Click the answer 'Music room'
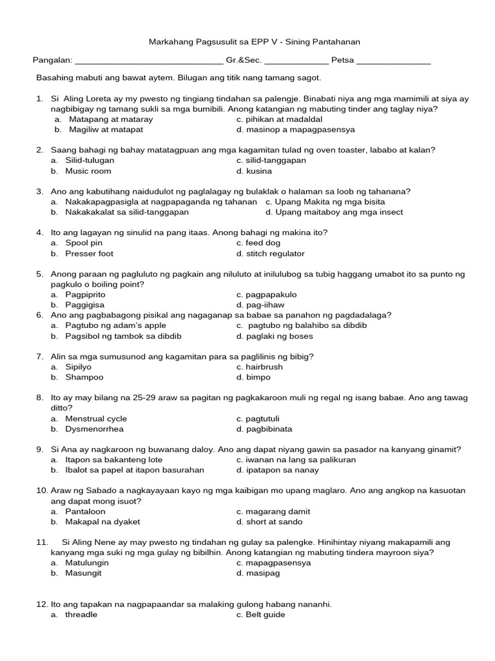(88, 171)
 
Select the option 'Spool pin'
(84, 243)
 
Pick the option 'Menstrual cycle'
(96, 418)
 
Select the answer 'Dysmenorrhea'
(94, 429)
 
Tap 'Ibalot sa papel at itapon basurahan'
(134, 470)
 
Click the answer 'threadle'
(81, 615)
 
